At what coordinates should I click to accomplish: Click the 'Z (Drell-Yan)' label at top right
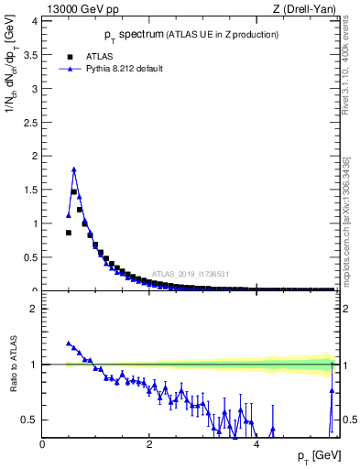(307, 8)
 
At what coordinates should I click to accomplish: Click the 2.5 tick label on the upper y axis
(31, 122)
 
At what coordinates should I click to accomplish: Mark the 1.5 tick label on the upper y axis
(31, 190)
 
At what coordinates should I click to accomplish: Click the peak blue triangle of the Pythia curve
(73, 169)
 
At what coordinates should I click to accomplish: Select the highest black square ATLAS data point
(74, 191)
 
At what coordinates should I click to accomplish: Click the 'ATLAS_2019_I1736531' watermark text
(190, 274)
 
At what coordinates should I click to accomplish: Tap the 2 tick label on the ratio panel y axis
(35, 309)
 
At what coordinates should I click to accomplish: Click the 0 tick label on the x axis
(42, 444)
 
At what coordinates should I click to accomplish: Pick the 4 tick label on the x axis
(256, 444)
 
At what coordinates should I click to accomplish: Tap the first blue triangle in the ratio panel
(69, 344)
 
